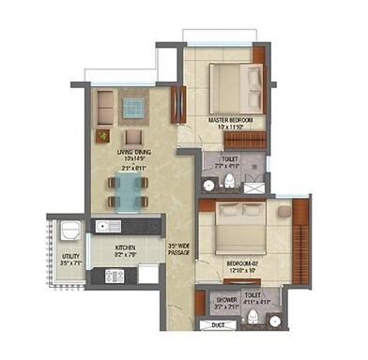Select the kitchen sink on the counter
[105, 227]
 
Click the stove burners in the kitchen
[114, 276]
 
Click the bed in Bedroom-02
[238, 229]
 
